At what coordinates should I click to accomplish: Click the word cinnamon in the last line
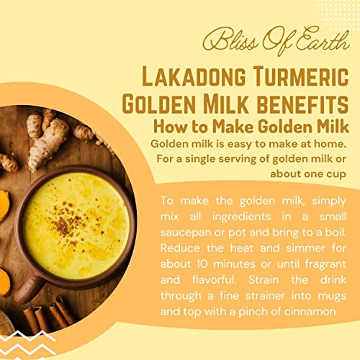[311, 312]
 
